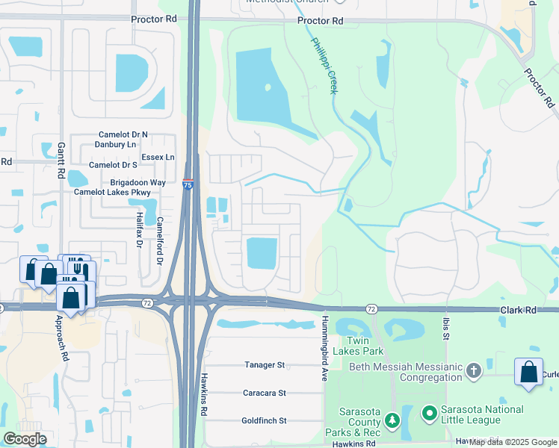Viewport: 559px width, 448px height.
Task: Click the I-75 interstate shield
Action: coord(188,183)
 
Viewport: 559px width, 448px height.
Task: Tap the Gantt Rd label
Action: coord(62,161)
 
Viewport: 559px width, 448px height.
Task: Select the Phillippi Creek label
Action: coord(324,66)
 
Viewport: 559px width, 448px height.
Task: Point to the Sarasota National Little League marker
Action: coord(429,412)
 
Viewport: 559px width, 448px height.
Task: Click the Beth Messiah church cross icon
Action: coord(472,370)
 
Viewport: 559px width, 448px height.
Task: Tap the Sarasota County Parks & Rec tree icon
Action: coord(392,423)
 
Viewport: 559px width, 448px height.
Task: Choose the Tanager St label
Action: coord(265,365)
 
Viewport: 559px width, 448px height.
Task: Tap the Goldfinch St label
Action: coord(264,420)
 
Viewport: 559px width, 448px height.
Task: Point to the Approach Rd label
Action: coord(61,337)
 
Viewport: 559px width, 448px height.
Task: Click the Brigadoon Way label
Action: coord(138,182)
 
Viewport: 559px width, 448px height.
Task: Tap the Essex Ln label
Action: coord(158,158)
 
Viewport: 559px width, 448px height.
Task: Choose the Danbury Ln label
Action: coord(117,144)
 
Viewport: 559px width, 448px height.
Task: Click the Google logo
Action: coord(25,439)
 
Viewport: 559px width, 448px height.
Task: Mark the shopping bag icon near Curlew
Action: coord(528,373)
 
